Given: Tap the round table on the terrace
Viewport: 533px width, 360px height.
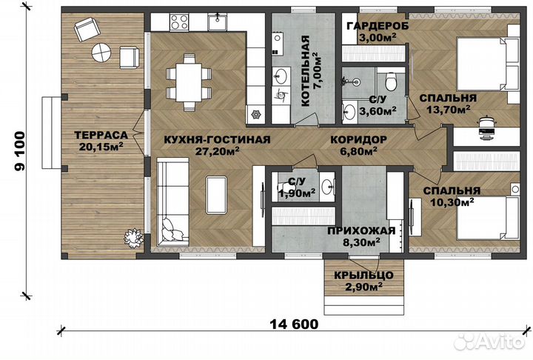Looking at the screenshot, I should [x=100, y=53].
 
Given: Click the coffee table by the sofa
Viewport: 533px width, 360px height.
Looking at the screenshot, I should [x=216, y=194].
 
